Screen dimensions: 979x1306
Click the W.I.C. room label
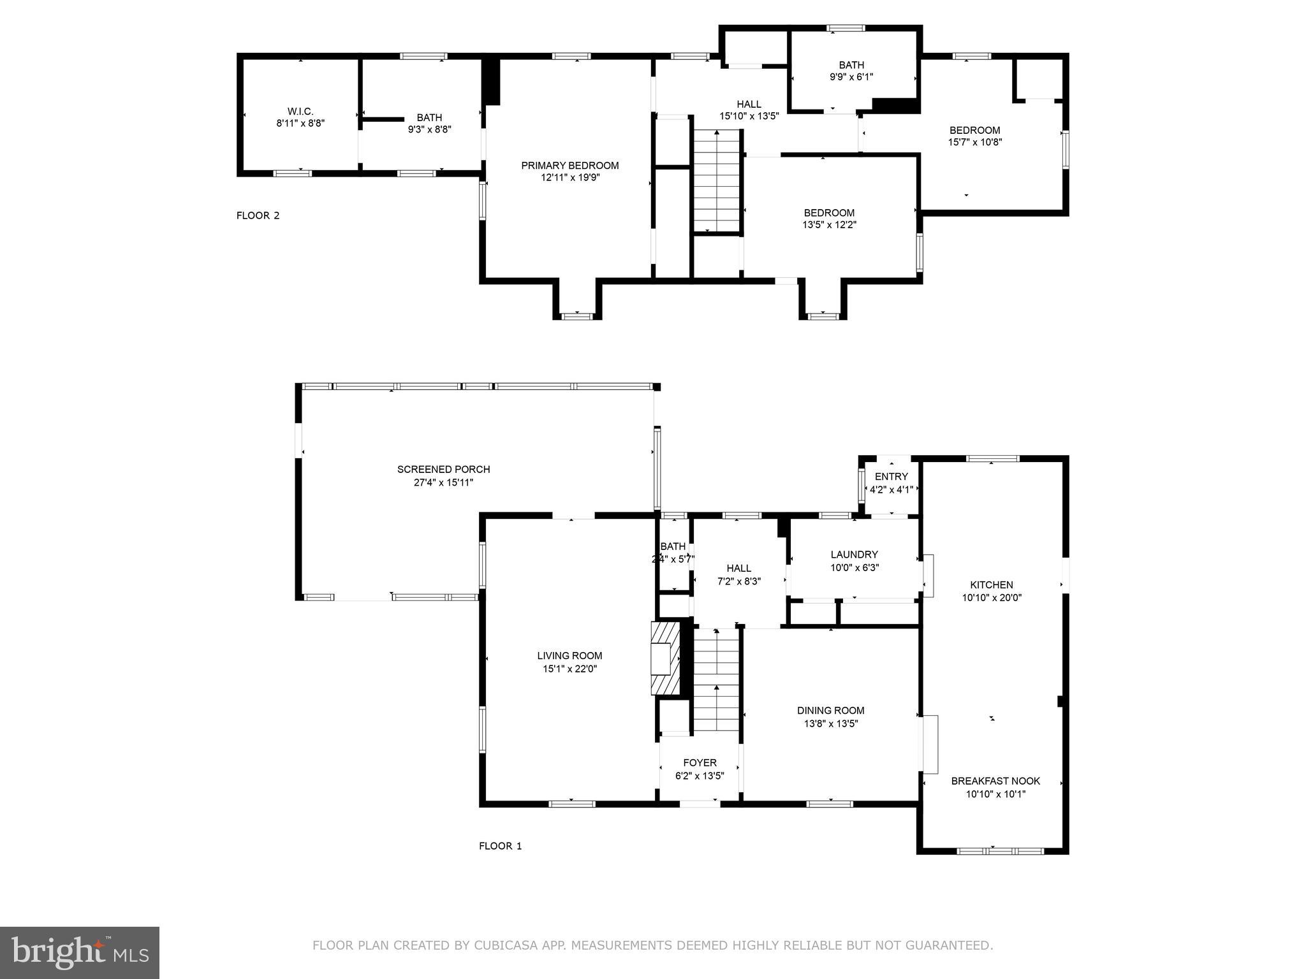(x=300, y=112)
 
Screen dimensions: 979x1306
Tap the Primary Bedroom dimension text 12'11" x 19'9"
(x=570, y=178)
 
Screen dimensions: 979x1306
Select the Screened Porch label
(x=443, y=470)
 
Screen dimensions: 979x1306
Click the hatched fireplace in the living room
(x=664, y=658)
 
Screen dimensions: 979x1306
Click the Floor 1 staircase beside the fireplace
(x=717, y=679)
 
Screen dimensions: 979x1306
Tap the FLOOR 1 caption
(x=500, y=846)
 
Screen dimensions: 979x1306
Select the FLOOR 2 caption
(x=258, y=215)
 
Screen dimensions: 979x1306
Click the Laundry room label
(x=854, y=555)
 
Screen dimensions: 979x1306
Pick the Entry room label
(x=891, y=477)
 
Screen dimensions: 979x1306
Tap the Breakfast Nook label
(x=995, y=781)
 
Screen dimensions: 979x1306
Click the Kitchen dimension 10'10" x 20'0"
(x=992, y=598)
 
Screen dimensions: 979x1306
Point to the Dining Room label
(x=830, y=711)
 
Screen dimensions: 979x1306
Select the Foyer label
(x=700, y=763)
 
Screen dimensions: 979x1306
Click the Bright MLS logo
(x=80, y=952)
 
